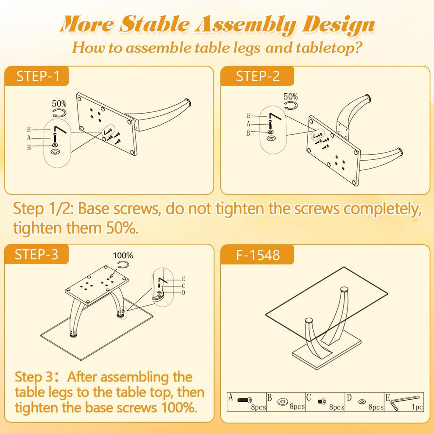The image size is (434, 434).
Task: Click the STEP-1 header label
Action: point(38,76)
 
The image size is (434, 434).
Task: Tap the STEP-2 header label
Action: point(258,76)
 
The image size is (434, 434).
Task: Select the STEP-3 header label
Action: point(36,254)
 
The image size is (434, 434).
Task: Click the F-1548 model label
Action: point(258,255)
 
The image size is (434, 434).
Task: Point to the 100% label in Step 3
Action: point(123,256)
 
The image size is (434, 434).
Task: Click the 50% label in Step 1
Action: point(59,104)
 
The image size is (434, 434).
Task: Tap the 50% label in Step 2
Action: point(291,97)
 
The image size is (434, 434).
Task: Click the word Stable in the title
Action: point(154,24)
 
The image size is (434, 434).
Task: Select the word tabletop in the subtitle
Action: point(328,47)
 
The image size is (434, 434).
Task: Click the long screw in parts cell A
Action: point(245,400)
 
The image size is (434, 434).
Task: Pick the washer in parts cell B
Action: point(283,401)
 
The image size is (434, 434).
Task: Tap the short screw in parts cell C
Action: point(322,401)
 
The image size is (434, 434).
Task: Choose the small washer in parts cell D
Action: point(362,401)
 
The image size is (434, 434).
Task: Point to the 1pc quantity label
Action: point(417,407)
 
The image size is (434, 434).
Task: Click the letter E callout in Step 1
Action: point(29,130)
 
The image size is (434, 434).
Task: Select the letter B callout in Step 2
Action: point(248,134)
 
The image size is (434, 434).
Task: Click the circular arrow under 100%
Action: point(123,264)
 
